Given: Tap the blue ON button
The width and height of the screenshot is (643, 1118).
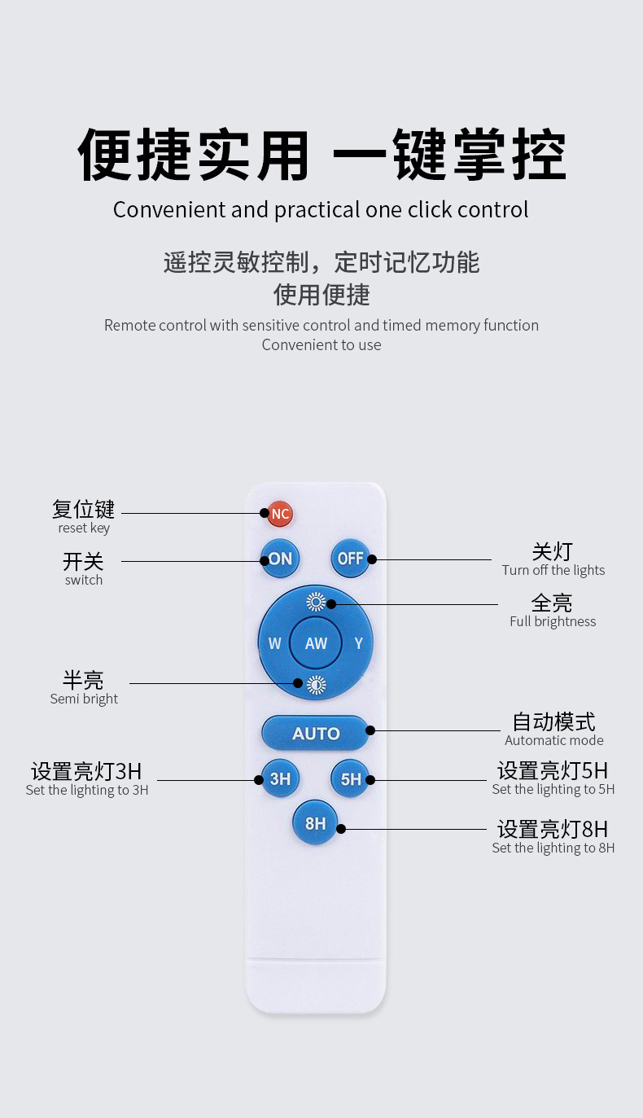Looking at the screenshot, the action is point(281,559).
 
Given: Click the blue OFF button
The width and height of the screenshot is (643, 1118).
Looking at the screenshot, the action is point(350,559).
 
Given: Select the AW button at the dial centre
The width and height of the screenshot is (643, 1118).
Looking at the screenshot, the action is point(316,643).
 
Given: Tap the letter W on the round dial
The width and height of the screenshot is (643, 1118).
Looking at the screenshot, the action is point(274,643).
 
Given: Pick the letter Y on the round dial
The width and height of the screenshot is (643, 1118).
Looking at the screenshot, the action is point(358,643).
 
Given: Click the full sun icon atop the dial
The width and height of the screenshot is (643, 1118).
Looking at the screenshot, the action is point(316,603).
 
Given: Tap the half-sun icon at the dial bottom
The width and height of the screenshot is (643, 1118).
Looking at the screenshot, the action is point(316,685).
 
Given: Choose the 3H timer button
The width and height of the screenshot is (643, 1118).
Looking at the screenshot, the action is point(280,779).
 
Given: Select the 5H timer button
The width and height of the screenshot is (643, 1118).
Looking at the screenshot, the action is point(350,779).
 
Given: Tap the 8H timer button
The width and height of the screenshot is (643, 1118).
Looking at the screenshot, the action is point(315,824).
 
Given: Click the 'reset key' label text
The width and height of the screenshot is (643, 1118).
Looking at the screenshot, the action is point(84,528).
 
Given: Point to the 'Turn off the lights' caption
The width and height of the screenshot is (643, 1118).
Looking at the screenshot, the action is point(553,570).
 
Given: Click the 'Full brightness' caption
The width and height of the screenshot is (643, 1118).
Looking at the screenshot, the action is point(553,621).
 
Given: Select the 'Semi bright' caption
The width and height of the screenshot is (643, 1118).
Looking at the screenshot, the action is point(84,699).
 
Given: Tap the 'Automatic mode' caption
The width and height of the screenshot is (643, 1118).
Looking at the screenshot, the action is point(554,740).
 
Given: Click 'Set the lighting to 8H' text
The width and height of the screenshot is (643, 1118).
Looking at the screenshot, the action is point(553,848).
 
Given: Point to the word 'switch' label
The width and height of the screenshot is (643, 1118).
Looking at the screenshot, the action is point(84,580).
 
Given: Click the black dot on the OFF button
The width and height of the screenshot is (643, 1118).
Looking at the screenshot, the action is point(371,559).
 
